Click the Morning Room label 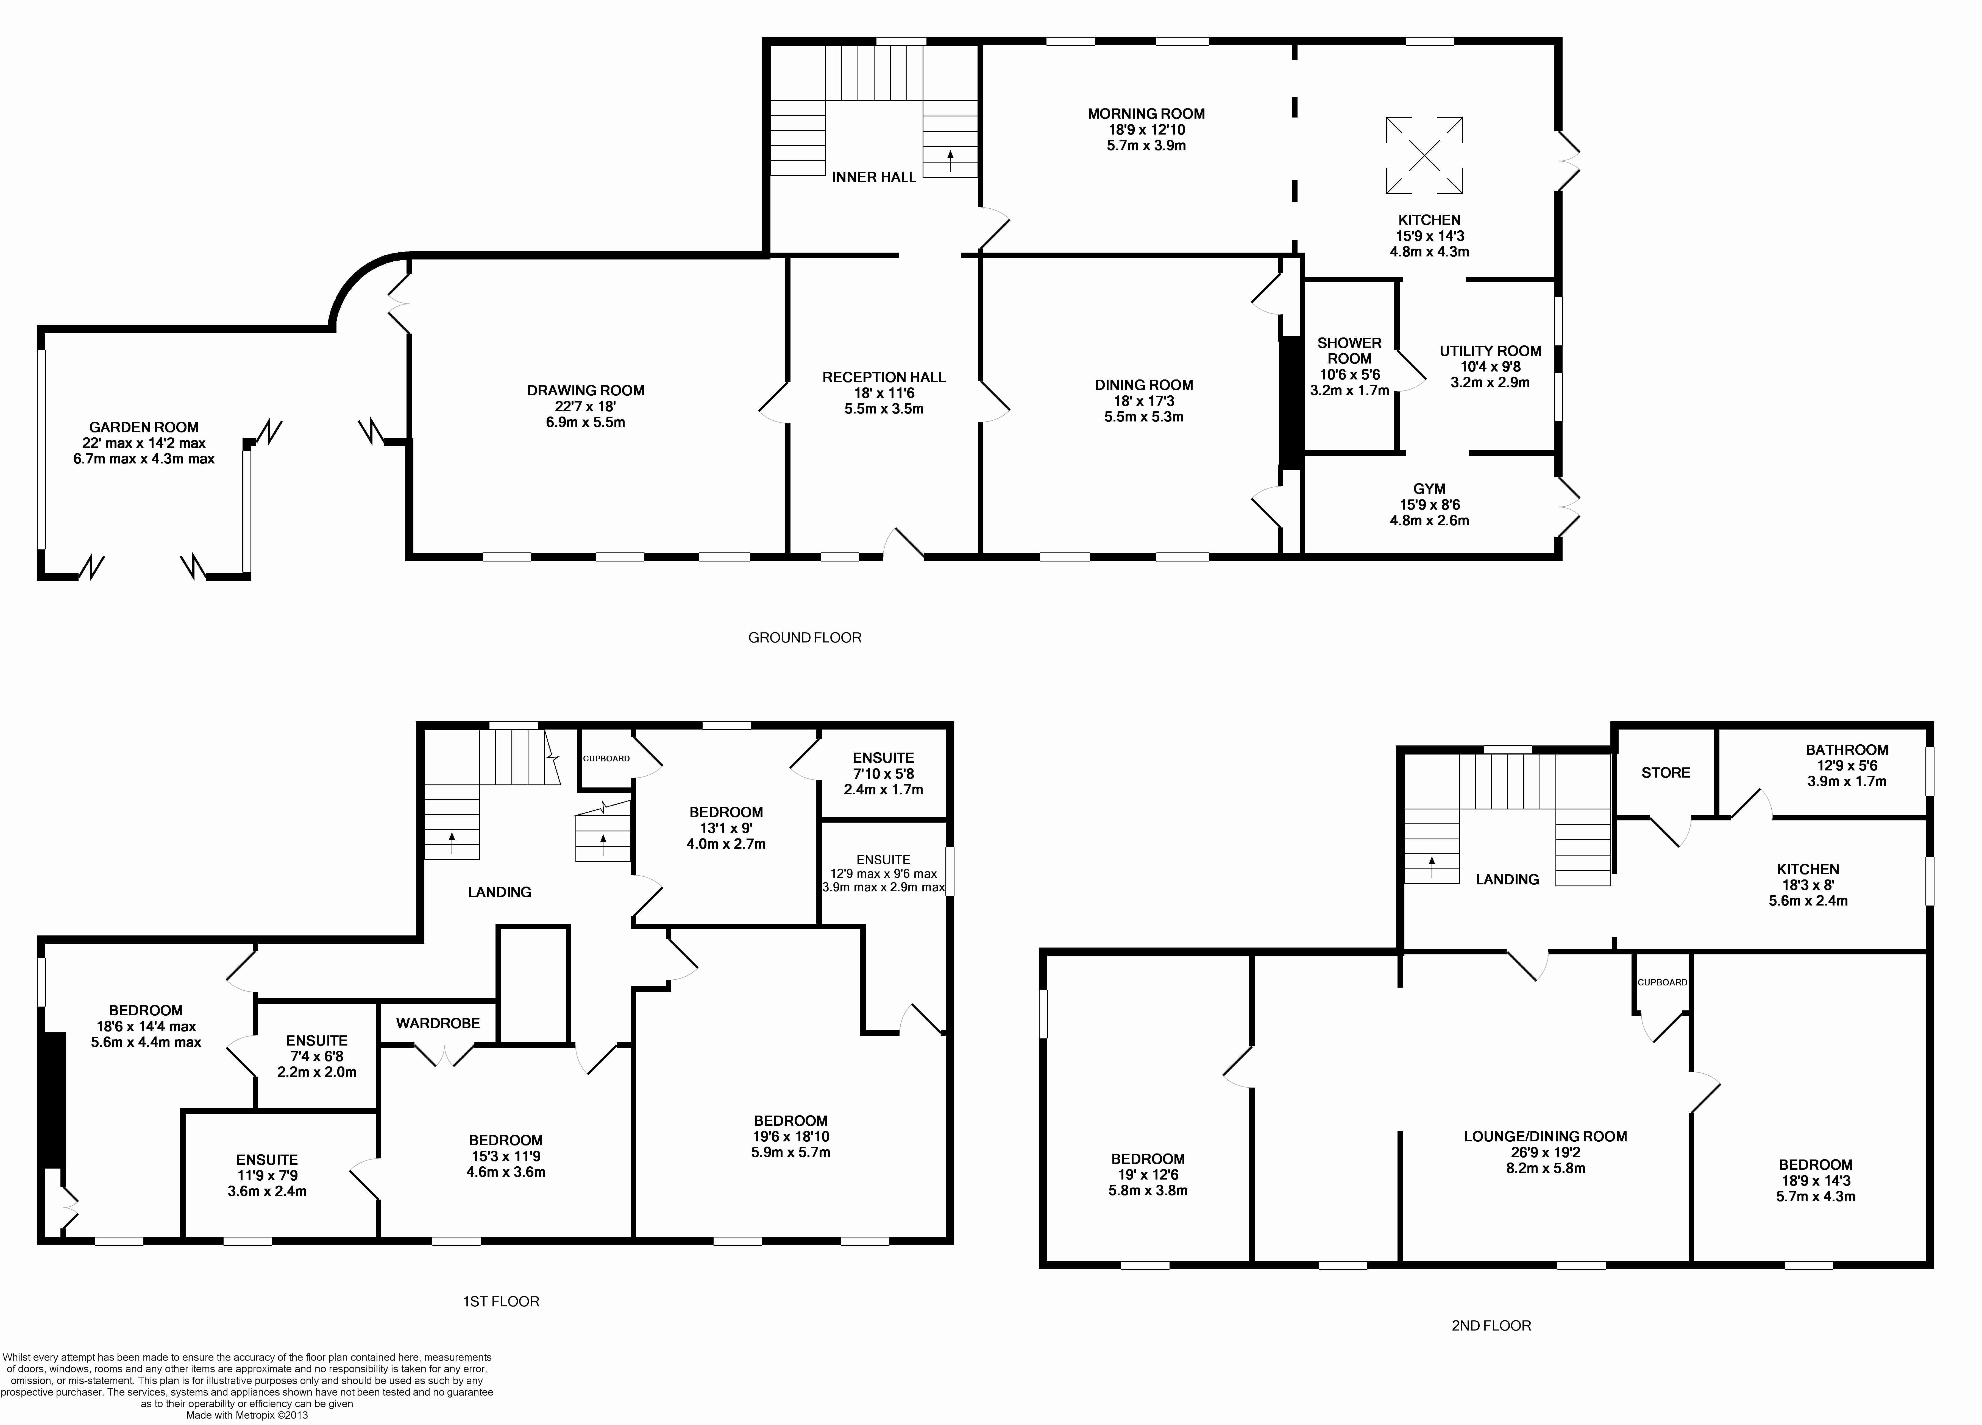coord(1146,114)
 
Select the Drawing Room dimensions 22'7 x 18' coord(586,406)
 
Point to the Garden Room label coord(144,427)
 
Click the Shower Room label coord(1349,350)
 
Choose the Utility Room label coord(1490,351)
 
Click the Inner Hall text coord(874,177)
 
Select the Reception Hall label coord(884,378)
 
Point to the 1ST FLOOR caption coord(501,1301)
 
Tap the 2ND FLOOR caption coord(1491,1325)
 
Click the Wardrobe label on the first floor coord(438,1023)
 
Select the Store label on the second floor coord(1666,772)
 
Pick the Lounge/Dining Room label coord(1545,1137)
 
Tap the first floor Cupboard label coord(606,758)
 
